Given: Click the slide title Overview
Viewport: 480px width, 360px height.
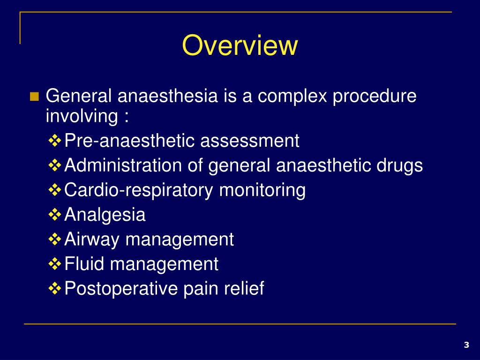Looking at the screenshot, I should (x=240, y=46).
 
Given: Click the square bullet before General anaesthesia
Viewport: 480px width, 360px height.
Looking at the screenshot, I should (x=34, y=97).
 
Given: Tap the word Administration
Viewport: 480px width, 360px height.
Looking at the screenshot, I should (x=123, y=165).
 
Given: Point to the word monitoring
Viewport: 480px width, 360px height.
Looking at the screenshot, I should (x=263, y=190).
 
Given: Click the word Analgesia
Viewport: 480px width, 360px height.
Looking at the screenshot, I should (x=105, y=215).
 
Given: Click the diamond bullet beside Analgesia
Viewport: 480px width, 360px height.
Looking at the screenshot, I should (x=55, y=215).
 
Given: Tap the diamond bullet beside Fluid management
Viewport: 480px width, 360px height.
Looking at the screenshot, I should (x=55, y=264).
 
